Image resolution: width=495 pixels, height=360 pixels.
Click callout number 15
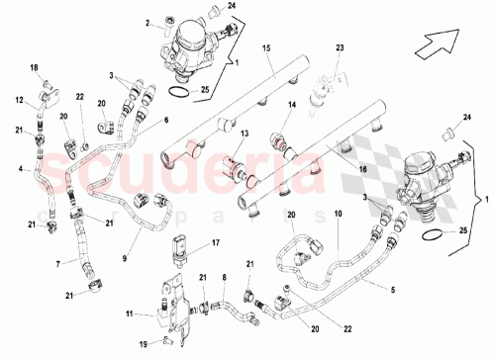point(266,48)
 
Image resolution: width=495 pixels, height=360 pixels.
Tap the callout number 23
point(339,48)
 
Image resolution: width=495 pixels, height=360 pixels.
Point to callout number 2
point(146,22)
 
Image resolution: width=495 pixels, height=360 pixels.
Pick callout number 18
point(34,67)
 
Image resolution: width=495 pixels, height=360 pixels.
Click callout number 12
point(19,99)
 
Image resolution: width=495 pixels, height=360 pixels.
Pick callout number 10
point(338,214)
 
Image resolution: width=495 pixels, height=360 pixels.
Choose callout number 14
point(292,104)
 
